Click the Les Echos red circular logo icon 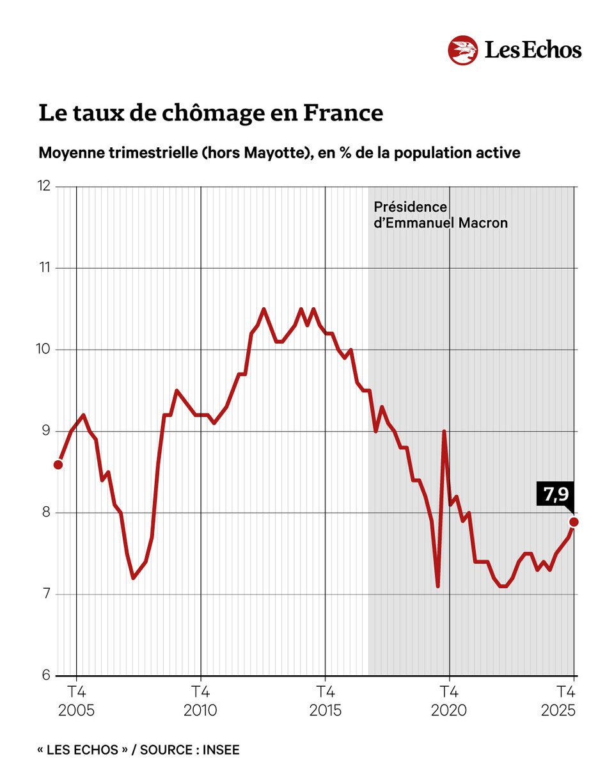click(463, 51)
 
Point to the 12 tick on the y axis click(45, 186)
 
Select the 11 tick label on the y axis click(45, 268)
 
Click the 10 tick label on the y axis click(45, 349)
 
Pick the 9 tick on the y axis click(46, 431)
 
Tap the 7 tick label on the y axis click(46, 594)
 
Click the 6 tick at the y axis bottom click(46, 675)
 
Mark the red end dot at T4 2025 click(574, 522)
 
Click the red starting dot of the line click(58, 464)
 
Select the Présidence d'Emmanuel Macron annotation click(440, 215)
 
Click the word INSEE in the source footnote click(221, 749)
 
